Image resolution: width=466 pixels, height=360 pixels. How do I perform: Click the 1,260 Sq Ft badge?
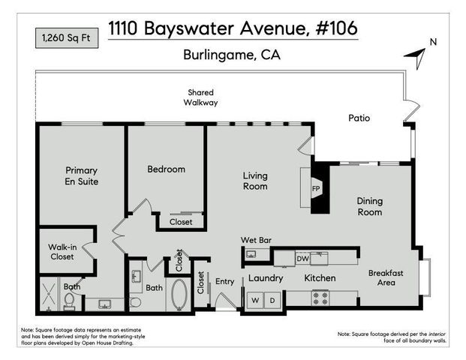pos(66,36)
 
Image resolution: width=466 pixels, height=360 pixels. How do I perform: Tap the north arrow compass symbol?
pos(417,52)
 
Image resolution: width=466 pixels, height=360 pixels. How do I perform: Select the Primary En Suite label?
pos(81,175)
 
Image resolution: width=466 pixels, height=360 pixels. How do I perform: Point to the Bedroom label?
pos(166,169)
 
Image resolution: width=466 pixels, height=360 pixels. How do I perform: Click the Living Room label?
pos(255,181)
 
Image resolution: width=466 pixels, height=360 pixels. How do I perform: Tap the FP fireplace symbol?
pos(317,187)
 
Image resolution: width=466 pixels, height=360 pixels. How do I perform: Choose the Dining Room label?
pos(369,206)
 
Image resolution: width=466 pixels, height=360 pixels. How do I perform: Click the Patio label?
pos(359,118)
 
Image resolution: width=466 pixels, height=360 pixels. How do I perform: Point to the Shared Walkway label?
pos(203,97)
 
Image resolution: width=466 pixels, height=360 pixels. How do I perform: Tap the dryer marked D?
pos(272,300)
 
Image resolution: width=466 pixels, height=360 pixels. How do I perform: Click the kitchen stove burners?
pos(320,298)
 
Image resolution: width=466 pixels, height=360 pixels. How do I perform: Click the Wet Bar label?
pos(255,240)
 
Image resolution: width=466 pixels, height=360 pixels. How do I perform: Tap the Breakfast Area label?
pos(386,278)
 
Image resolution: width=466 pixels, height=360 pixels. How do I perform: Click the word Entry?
pos(225,281)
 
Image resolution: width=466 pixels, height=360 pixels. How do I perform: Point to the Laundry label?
pos(266,278)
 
